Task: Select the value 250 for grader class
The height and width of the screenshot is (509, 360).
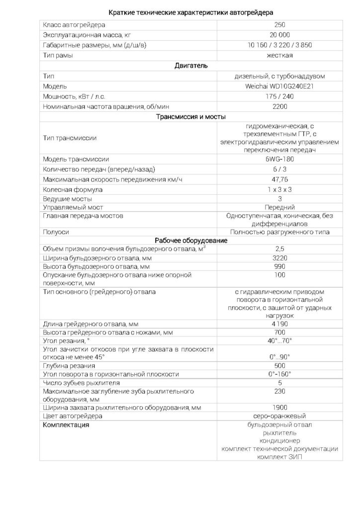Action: click(279, 25)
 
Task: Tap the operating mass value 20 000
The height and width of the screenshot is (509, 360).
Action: click(279, 35)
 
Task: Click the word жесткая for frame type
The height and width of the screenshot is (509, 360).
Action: click(279, 56)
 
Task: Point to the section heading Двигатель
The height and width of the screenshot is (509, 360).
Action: click(191, 66)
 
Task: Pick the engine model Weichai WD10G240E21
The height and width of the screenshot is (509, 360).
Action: click(279, 86)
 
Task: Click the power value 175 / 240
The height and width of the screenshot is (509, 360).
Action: click(279, 96)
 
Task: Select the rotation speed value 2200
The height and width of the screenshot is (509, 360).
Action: click(279, 107)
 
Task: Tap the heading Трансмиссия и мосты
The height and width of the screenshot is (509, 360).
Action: click(191, 117)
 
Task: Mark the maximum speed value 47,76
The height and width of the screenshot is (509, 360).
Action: click(279, 179)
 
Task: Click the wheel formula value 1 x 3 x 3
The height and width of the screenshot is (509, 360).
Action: click(279, 189)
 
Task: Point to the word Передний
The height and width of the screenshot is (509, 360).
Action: click(279, 207)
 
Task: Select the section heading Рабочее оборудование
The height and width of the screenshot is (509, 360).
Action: click(191, 240)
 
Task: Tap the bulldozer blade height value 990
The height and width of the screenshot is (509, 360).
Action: click(279, 267)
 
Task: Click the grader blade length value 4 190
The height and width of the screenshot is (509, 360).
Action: click(279, 324)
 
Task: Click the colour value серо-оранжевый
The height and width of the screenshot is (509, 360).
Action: click(279, 416)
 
